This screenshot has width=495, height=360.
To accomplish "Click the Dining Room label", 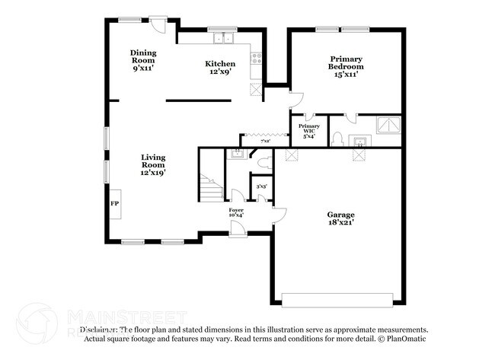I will point(143,59).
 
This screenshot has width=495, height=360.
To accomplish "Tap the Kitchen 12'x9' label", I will point(220,68).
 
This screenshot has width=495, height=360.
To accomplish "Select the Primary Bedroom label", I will point(345,65).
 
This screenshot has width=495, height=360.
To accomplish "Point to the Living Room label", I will point(152,165).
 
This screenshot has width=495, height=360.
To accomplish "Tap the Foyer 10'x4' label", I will point(236,212).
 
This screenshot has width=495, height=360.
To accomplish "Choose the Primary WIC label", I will point(308,130).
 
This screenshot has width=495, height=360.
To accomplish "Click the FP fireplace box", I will point(114,204).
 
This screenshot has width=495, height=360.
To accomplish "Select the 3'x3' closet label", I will point(260,186).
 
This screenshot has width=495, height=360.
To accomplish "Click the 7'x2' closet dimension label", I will point(265,142).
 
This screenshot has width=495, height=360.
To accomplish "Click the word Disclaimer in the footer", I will point(99,330).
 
